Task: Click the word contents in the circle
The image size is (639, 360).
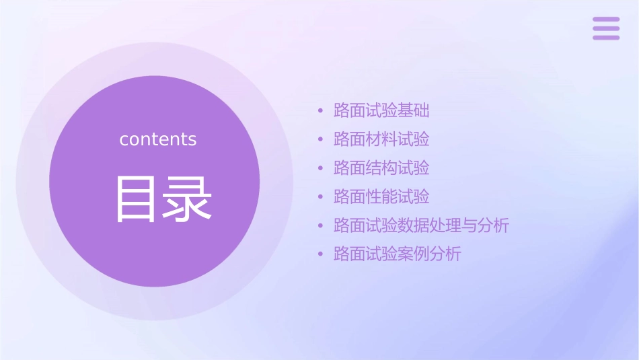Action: (x=158, y=139)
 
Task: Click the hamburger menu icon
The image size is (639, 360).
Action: (x=606, y=28)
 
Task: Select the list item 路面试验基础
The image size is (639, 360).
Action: (x=381, y=111)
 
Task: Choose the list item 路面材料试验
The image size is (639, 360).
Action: (x=381, y=139)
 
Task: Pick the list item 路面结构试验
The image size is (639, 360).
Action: (x=381, y=168)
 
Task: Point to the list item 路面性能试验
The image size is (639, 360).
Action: (x=381, y=197)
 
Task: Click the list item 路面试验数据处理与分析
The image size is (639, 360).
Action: (x=421, y=226)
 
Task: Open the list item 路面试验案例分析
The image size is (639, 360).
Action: (x=398, y=254)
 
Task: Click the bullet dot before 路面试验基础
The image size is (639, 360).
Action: (x=320, y=111)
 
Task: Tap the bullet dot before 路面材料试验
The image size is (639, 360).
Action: (x=320, y=140)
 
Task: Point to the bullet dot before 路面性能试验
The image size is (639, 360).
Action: (x=320, y=197)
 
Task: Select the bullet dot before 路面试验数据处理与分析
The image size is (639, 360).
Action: (x=320, y=226)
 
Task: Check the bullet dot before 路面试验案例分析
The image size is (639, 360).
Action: (x=320, y=255)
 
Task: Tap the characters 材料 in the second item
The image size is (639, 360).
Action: (x=381, y=139)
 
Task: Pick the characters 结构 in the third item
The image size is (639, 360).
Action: (x=381, y=168)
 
